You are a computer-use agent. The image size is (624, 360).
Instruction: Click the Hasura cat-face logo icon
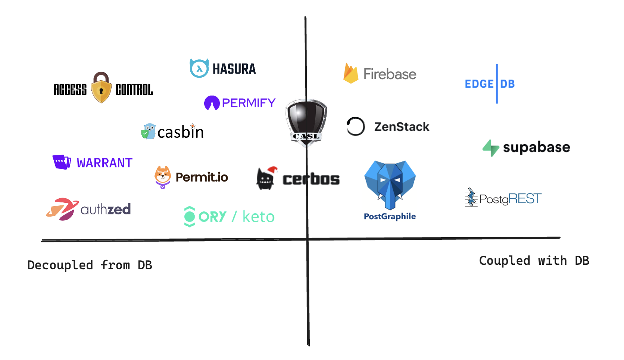coord(199,68)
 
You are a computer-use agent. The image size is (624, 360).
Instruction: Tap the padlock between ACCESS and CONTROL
coord(101,88)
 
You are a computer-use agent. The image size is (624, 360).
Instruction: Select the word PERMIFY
coord(249,103)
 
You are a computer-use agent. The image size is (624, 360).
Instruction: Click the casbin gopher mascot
coord(149,131)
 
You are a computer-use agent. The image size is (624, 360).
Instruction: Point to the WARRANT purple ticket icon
coord(62,162)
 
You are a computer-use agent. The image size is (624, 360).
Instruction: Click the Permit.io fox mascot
coord(163,177)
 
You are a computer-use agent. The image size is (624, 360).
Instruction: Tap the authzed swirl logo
coord(62,209)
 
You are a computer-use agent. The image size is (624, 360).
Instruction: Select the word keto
coord(258,217)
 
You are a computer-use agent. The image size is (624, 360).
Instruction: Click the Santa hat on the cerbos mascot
coord(273,170)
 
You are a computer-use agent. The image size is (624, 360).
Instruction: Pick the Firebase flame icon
coord(350,73)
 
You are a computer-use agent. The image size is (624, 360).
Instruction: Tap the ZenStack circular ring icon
coord(356,126)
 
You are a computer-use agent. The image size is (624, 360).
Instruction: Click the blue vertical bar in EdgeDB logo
coord(497,84)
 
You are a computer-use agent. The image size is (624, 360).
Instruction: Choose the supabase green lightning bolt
coord(491,148)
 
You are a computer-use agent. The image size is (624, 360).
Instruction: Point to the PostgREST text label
coord(510,199)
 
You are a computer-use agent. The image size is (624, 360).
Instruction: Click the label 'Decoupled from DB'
coord(90,265)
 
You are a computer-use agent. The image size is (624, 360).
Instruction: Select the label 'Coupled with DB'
coord(534,261)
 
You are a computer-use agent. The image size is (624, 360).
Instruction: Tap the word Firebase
coord(390,74)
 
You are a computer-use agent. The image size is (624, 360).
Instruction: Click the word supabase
coord(536,148)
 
